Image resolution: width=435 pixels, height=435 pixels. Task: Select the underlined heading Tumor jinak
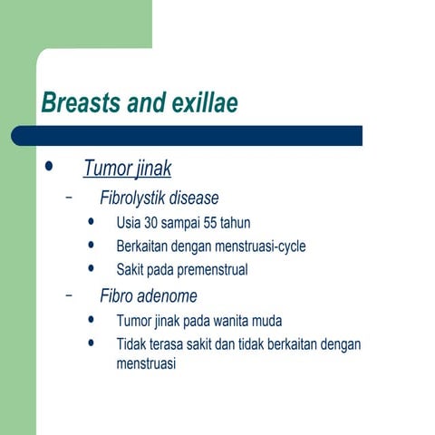[127, 169]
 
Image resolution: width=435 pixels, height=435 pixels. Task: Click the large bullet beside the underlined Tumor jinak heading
[49, 168]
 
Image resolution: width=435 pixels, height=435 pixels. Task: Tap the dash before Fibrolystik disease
[69, 198]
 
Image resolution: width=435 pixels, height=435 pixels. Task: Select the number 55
[217, 223]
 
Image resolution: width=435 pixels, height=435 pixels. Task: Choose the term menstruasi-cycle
[264, 246]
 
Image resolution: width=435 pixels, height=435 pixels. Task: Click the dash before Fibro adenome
[69, 296]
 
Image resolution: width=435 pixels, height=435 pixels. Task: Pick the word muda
[268, 322]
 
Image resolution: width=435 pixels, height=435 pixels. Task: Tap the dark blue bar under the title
[190, 136]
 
